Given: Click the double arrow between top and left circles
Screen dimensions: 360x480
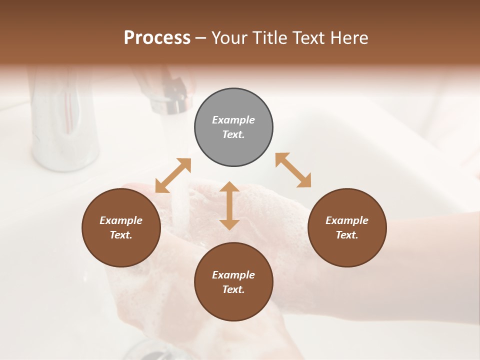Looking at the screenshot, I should pyautogui.click(x=173, y=175).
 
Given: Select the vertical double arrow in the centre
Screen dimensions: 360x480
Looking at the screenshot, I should pyautogui.click(x=229, y=205).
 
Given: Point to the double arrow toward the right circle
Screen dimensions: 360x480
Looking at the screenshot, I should pyautogui.click(x=293, y=170).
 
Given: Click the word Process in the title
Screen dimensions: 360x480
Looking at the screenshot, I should pyautogui.click(x=157, y=37).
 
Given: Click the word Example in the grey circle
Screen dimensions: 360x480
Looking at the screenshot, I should pyautogui.click(x=233, y=120).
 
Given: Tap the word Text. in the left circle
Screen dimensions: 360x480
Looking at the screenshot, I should pyautogui.click(x=121, y=235).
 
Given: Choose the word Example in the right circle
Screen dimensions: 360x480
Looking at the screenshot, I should pyautogui.click(x=347, y=220).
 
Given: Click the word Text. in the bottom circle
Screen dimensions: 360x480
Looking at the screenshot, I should pyautogui.click(x=233, y=289).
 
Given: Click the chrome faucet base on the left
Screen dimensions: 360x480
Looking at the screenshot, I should pyautogui.click(x=65, y=145).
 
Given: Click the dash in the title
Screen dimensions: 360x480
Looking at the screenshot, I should pyautogui.click(x=201, y=37).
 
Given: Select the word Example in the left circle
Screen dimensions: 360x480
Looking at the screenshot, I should pyautogui.click(x=121, y=220).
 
